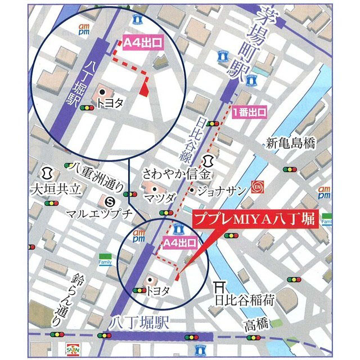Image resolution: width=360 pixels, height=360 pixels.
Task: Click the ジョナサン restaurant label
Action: [x=220, y=191]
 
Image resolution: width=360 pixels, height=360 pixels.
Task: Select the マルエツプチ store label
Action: [x=99, y=213]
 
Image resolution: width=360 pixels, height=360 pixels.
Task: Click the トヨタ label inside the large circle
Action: [x=110, y=102]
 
